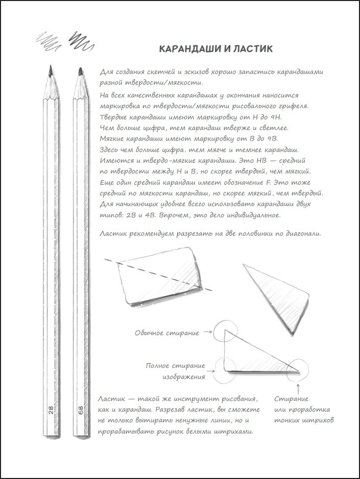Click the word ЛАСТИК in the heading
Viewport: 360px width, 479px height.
click(252, 49)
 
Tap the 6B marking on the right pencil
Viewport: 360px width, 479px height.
click(81, 411)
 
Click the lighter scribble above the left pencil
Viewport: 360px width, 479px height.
click(48, 38)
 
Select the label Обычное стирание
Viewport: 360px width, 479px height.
click(167, 333)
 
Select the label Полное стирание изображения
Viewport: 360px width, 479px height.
click(176, 371)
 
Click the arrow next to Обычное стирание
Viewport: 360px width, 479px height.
click(207, 333)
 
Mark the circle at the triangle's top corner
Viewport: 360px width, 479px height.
click(224, 331)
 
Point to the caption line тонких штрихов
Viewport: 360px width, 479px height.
click(304, 421)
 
